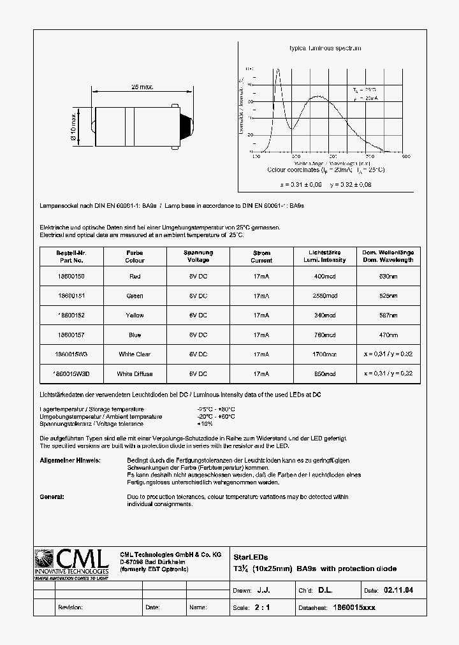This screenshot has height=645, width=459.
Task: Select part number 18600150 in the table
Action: coord(71,277)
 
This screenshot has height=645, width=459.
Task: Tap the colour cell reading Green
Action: coord(135,296)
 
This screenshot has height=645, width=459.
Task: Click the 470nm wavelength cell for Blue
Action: coord(388,335)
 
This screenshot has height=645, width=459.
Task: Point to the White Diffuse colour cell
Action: coord(135,373)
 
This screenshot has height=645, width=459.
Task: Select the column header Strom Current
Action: coord(261,256)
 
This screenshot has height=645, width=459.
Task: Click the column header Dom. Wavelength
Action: coord(388,256)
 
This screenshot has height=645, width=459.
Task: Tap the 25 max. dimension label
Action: coord(142,87)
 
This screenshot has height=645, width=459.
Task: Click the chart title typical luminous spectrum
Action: coord(325,48)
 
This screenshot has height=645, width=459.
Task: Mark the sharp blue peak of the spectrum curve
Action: coord(277,70)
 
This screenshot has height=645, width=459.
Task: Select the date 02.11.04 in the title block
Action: coord(400,591)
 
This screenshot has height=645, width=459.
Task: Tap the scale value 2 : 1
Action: coord(262,607)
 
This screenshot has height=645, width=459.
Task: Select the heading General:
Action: coord(52,496)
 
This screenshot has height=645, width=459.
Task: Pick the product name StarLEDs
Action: coord(246,556)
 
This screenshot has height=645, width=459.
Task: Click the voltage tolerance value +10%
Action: coord(206,424)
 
